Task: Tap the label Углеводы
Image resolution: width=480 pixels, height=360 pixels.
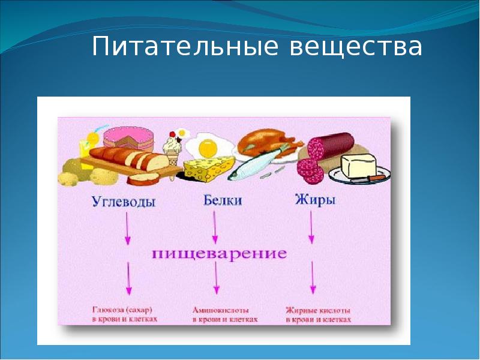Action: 124,202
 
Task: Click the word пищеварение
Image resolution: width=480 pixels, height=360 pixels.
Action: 218,253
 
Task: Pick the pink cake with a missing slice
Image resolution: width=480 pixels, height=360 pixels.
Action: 129,137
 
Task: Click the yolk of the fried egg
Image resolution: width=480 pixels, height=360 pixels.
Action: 207,146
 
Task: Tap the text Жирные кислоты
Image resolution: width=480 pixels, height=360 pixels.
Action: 317,310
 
